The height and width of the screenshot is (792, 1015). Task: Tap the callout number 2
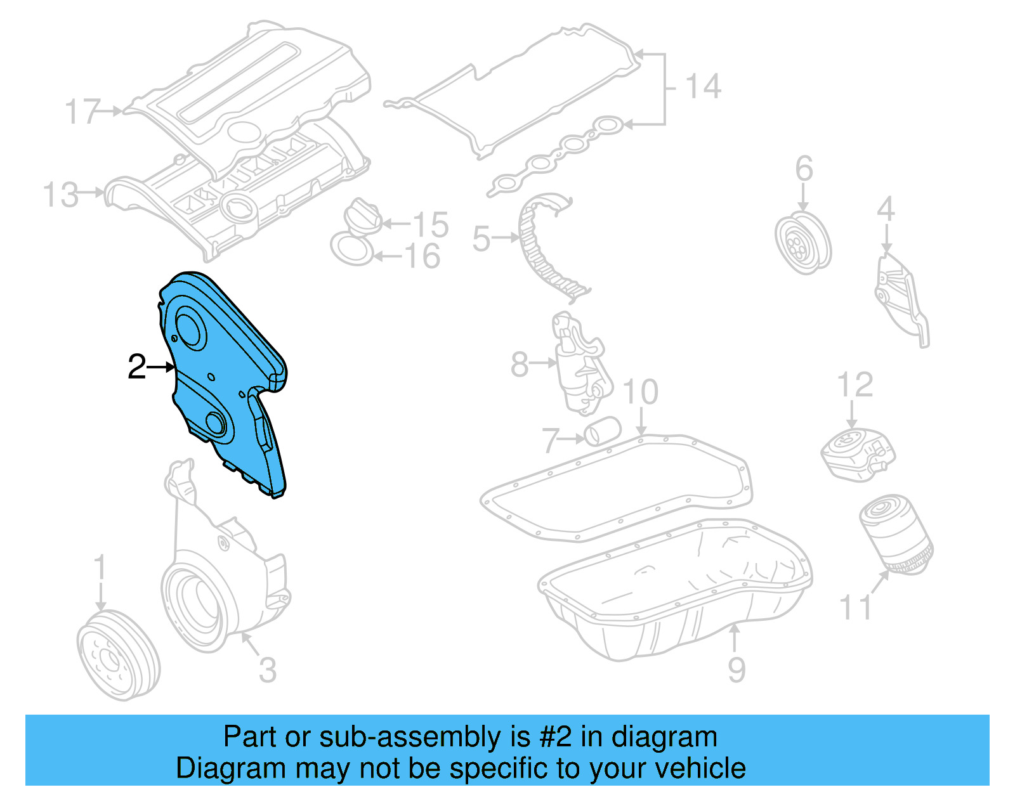(x=137, y=367)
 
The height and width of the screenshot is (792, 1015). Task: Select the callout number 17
(x=82, y=112)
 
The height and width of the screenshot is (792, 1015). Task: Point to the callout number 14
(x=703, y=86)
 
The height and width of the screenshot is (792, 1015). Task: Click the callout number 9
(x=736, y=670)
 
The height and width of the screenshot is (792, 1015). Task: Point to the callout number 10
(x=641, y=393)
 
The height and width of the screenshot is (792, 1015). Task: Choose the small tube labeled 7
(x=601, y=432)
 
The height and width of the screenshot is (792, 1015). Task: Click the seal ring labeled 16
(x=351, y=249)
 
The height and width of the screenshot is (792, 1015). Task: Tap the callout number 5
(x=481, y=239)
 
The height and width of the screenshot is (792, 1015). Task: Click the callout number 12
(x=855, y=385)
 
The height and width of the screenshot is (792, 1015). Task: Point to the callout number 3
(x=268, y=670)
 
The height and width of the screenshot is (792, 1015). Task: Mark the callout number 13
(x=61, y=195)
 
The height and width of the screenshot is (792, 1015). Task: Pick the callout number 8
(x=520, y=365)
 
